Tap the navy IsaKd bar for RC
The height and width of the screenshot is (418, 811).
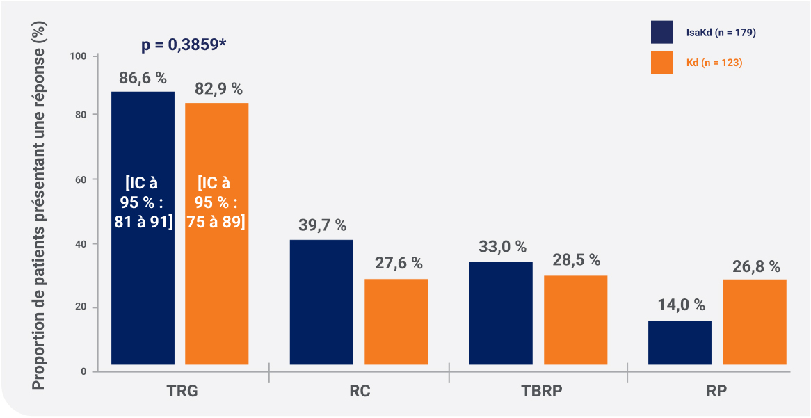tap(321, 302)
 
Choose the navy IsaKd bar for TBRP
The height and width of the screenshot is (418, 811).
tap(501, 313)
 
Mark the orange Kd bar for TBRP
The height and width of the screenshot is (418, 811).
tap(575, 320)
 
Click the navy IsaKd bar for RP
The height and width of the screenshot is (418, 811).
tap(680, 342)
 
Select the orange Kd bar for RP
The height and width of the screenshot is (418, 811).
tap(755, 321)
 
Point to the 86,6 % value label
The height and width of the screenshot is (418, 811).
tap(143, 78)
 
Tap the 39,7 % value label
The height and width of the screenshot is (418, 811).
tap(321, 226)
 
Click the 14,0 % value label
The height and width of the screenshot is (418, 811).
tap(680, 305)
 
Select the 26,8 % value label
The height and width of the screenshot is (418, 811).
tap(755, 267)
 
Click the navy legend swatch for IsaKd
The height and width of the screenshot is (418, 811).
tap(661, 32)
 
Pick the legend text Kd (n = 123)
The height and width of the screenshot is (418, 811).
tap(714, 63)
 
